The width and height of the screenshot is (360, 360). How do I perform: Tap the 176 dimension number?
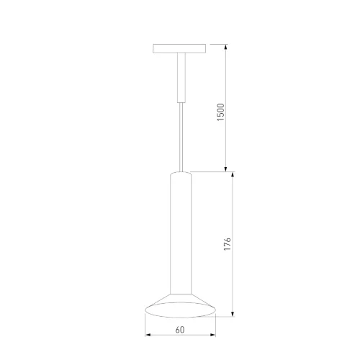[x=228, y=243]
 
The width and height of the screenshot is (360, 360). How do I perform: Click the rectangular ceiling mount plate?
[x=179, y=50]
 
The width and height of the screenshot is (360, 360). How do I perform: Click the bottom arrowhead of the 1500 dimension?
[x=228, y=168]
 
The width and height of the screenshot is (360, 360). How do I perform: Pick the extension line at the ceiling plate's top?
[x=216, y=45]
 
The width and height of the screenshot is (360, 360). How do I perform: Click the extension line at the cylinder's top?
[x=212, y=172]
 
